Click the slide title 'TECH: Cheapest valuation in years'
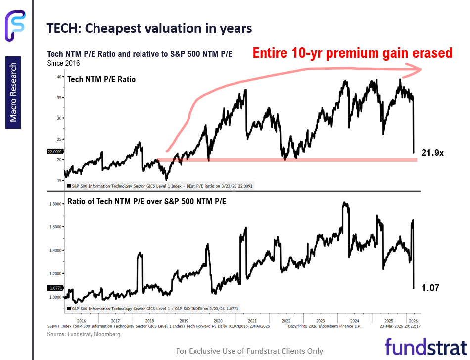149,29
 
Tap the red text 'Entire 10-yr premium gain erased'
352,52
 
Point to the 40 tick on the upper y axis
59,77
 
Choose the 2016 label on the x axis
82,320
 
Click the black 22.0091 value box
54,152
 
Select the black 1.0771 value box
54,287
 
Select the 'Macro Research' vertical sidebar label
13,93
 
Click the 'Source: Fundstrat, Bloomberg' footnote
84,334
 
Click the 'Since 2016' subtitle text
63,63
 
